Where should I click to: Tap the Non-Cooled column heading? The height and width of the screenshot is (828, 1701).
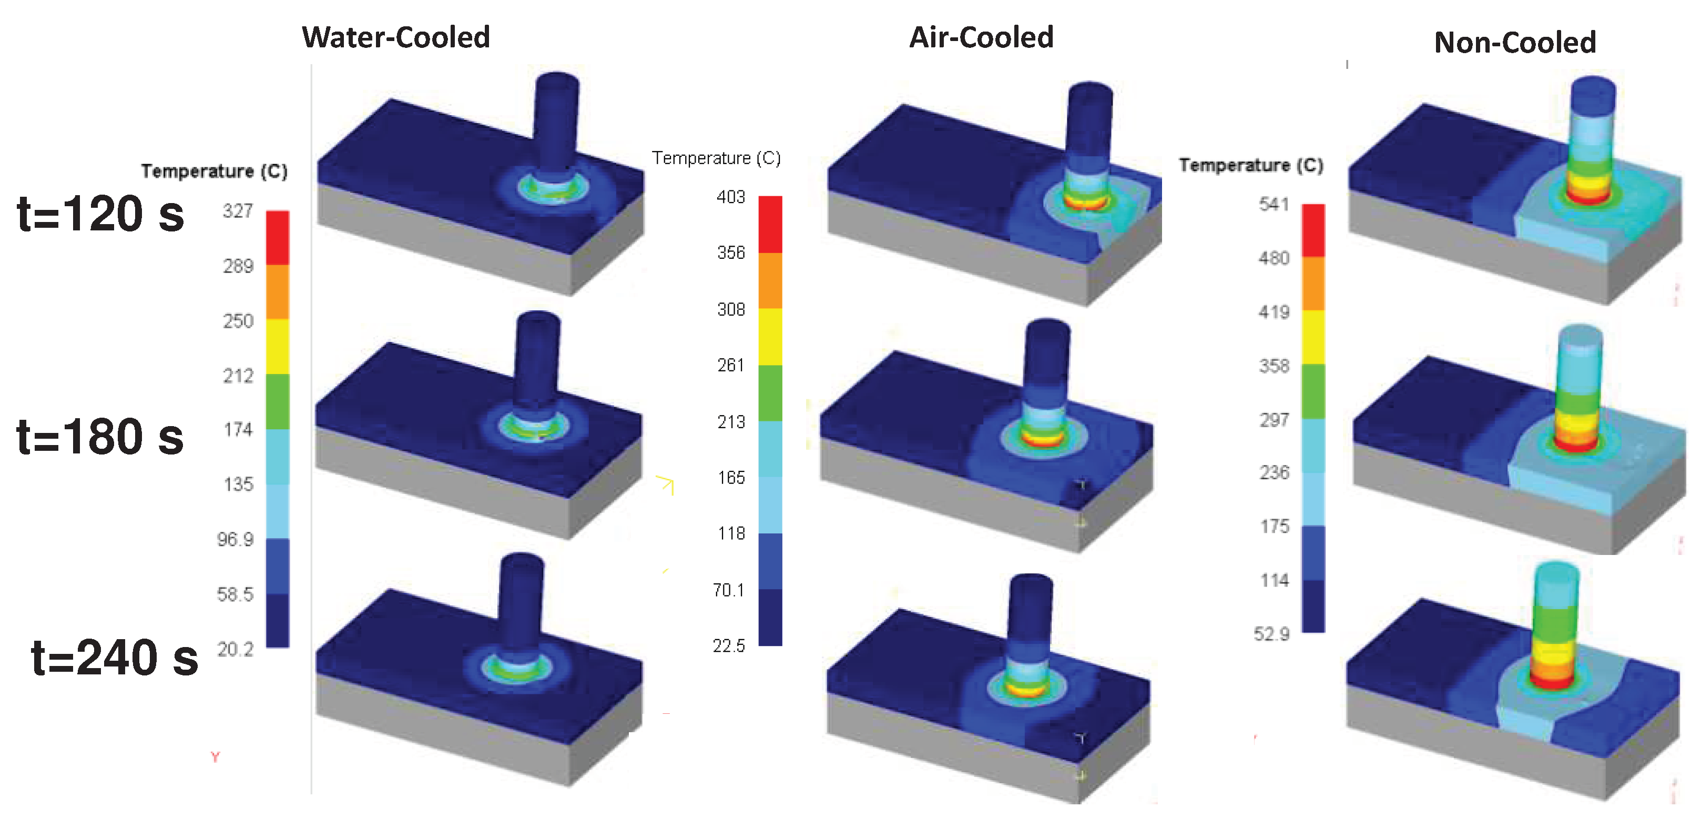coord(1515,42)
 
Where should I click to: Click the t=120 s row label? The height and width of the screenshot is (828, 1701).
coord(100,214)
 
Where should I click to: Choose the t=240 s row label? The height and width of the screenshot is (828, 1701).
coord(115,658)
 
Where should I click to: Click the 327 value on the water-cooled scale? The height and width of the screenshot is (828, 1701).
coord(238,211)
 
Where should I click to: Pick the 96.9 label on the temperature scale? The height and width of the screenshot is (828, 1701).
coord(235,539)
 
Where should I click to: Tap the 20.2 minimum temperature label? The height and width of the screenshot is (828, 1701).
coord(235,649)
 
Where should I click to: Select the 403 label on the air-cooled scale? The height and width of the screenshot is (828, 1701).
coord(731,197)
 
